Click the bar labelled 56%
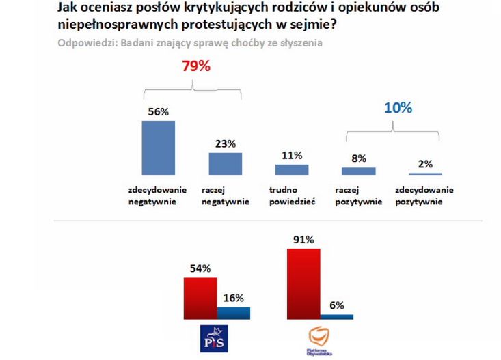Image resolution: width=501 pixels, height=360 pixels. click(158, 149)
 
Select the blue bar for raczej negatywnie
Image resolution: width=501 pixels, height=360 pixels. click(225, 164)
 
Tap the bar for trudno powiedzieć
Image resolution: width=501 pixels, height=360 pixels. click(292, 170)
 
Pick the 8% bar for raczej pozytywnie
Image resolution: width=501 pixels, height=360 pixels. click(359, 171)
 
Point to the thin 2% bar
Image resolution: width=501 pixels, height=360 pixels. click(425, 175)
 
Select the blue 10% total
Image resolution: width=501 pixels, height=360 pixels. click(397, 108)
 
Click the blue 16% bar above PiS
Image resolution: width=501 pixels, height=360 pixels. click(233, 313)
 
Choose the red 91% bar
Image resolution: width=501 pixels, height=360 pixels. click(303, 283)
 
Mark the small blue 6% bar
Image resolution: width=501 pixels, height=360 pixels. click(337, 316)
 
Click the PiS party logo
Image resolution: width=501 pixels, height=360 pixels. click(214, 339)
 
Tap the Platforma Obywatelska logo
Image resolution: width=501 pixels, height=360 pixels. click(320, 338)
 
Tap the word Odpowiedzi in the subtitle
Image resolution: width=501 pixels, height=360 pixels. click(83, 42)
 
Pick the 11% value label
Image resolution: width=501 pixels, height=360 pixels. click(292, 155)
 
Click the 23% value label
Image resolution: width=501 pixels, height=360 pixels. click(225, 143)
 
